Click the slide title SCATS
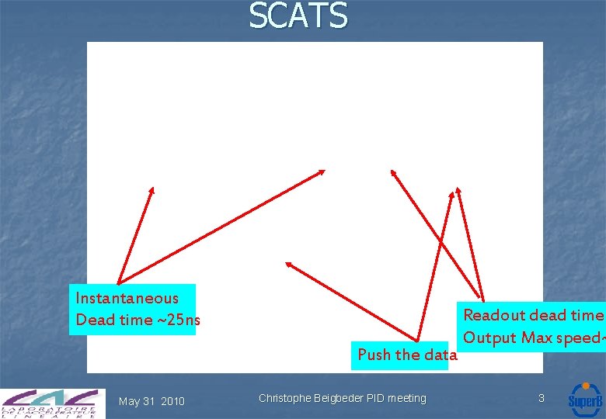pos(298,16)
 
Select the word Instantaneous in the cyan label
pos(127,298)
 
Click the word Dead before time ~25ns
pos(93,320)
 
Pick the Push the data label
pos(406,355)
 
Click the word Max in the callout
pos(537,338)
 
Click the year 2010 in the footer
pos(172,401)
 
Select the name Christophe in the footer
pos(286,399)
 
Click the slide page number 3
pos(542,398)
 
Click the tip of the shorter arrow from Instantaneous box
pos(152,188)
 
